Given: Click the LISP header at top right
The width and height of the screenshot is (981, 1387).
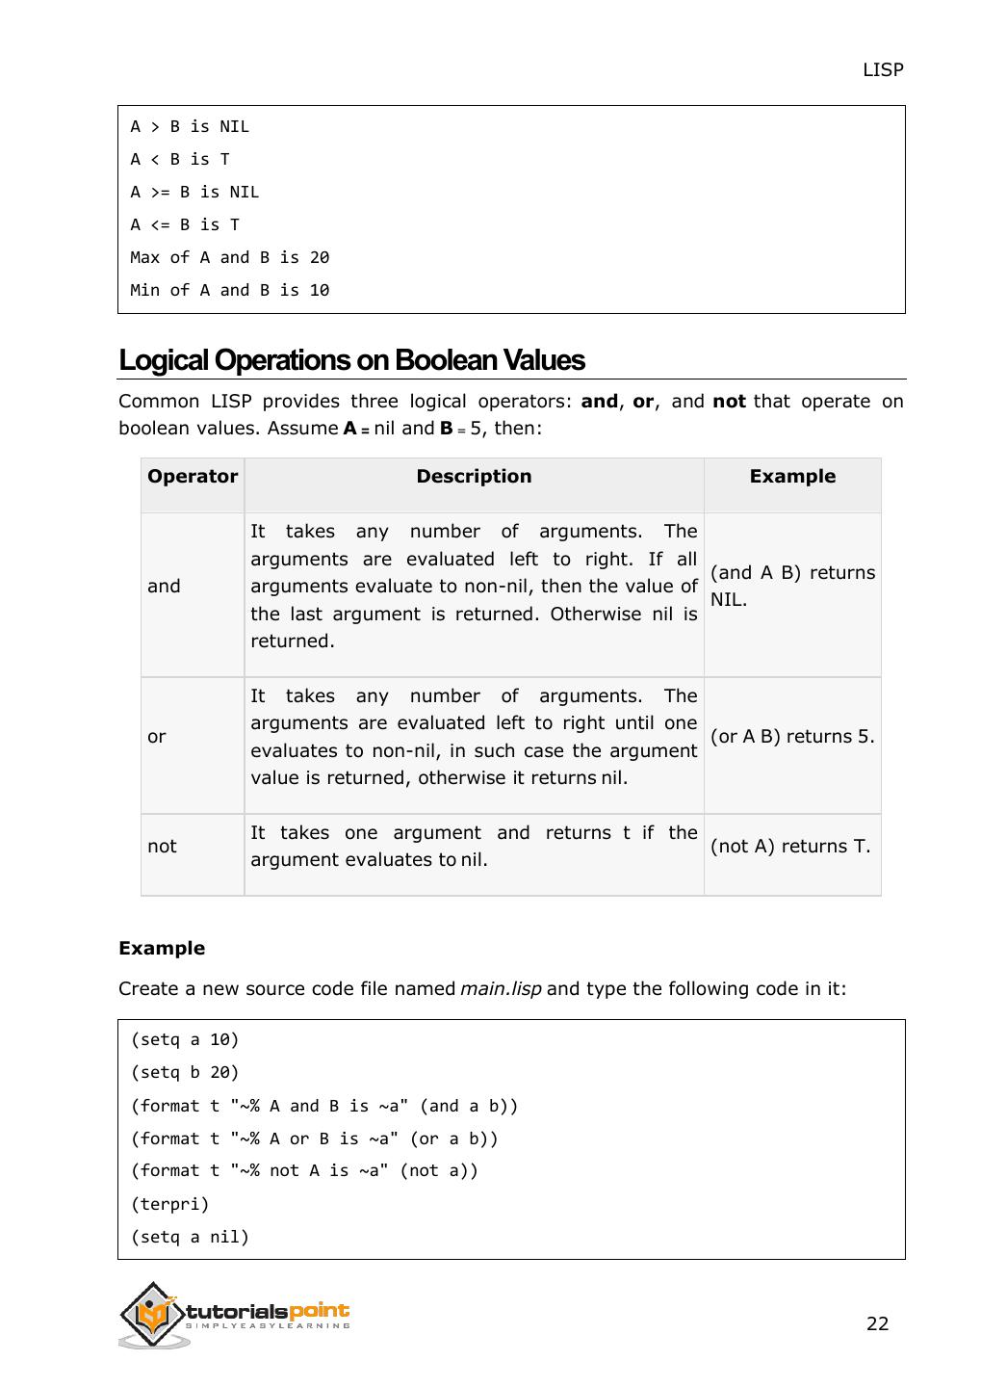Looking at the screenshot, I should pos(882,69).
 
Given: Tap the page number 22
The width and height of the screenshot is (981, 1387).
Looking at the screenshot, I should pos(877,1323).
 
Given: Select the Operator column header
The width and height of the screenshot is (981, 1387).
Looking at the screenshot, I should pos(192,477).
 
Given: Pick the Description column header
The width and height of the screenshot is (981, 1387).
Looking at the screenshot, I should pos(474,477).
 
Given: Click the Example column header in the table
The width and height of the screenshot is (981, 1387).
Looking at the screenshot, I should pos(792,477).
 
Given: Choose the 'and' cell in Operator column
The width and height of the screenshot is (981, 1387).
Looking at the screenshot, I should pos(164,586).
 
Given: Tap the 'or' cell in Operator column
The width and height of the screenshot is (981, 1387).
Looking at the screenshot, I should pos(157,737).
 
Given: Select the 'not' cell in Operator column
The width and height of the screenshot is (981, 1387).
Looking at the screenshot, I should pos(162,847).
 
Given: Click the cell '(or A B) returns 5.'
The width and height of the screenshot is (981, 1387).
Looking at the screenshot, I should pos(791,737).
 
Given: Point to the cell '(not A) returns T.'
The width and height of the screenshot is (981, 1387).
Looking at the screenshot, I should pos(789,847).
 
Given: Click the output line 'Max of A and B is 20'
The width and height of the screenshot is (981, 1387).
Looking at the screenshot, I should pos(230,257).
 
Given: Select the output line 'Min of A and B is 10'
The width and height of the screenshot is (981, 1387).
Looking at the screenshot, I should pos(230,290).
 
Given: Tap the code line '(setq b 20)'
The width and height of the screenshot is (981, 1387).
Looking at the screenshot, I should pos(185,1072).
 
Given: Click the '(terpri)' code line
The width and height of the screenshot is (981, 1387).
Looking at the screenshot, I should pos(169,1204).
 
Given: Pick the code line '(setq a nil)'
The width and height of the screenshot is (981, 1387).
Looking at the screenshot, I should pos(190,1237).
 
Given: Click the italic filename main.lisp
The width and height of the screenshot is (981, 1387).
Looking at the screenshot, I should pos(501,989).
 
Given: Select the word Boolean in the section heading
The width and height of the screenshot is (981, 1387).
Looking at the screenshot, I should pos(445,360).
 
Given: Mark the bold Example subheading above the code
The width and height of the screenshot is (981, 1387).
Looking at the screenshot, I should pos(162,949).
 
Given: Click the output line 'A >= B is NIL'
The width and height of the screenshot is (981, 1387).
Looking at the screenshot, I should pos(194,192).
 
